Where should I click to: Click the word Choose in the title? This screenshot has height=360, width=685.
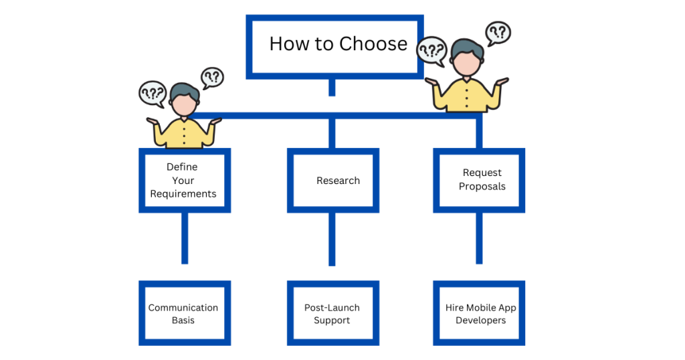click(373, 44)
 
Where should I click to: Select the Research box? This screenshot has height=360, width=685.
click(332, 181)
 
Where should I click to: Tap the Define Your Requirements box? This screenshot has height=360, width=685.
click(184, 181)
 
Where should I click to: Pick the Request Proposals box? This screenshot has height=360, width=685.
click(479, 180)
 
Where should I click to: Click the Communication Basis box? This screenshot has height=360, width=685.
click(184, 313)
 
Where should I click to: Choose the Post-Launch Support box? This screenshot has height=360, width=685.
click(332, 313)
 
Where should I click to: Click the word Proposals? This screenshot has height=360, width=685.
click(482, 187)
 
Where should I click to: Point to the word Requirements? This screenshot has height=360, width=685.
click(183, 194)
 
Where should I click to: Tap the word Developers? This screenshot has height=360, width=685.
click(480, 321)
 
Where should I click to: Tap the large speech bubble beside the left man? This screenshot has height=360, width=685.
click(152, 93)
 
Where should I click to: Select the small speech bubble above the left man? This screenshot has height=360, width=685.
click(212, 77)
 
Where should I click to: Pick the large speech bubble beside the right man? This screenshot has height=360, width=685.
click(431, 50)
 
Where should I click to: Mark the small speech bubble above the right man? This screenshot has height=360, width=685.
click(498, 32)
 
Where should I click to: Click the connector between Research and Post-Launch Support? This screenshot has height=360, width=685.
click(332, 240)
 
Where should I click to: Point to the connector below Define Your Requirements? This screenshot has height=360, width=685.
click(185, 238)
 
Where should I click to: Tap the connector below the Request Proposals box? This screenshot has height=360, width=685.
click(479, 238)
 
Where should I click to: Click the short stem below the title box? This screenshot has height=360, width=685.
click(332, 87)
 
